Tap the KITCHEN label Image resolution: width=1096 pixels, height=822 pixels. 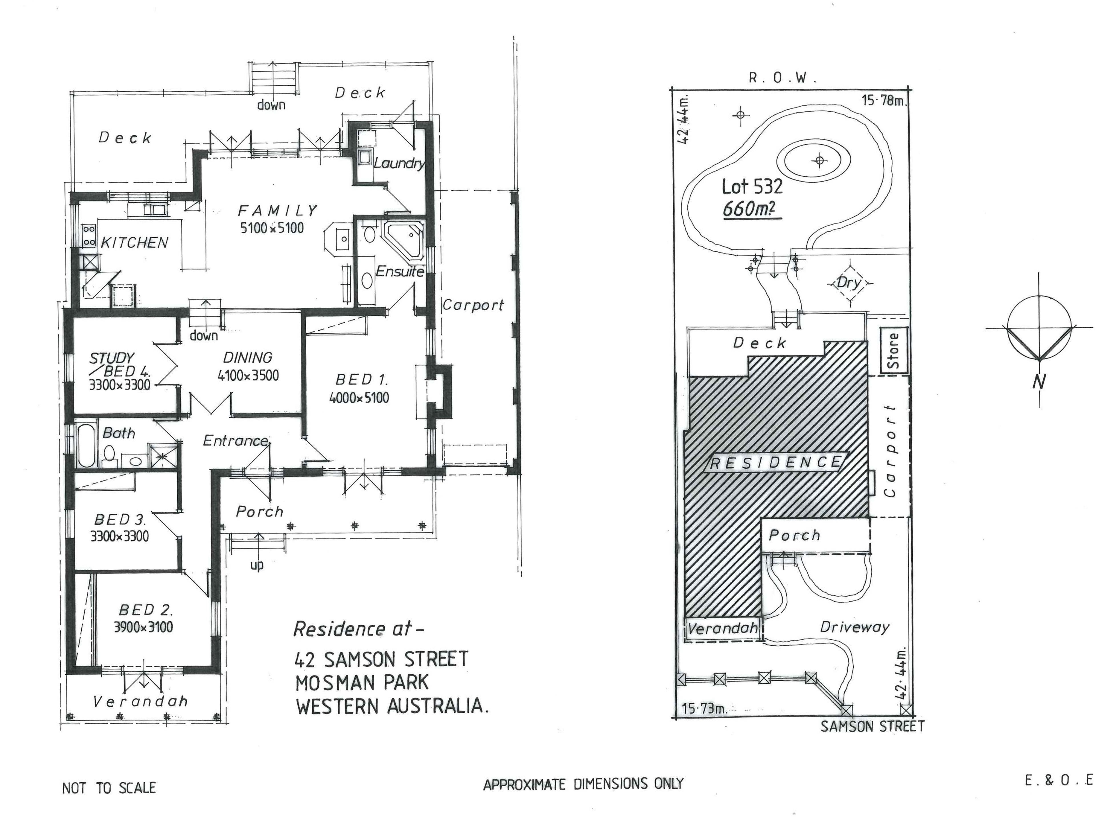coord(134,243)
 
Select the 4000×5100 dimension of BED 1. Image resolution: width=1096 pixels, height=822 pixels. coord(359,397)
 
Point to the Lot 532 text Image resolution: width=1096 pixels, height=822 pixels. coord(752,187)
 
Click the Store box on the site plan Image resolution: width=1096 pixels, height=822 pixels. coord(894,350)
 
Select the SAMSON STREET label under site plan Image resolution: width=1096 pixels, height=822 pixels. coord(872,726)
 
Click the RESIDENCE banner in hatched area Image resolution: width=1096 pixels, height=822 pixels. coord(775,463)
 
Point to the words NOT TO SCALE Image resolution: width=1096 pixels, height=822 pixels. coord(109,788)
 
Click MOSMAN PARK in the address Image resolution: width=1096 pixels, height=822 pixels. coord(362,683)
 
